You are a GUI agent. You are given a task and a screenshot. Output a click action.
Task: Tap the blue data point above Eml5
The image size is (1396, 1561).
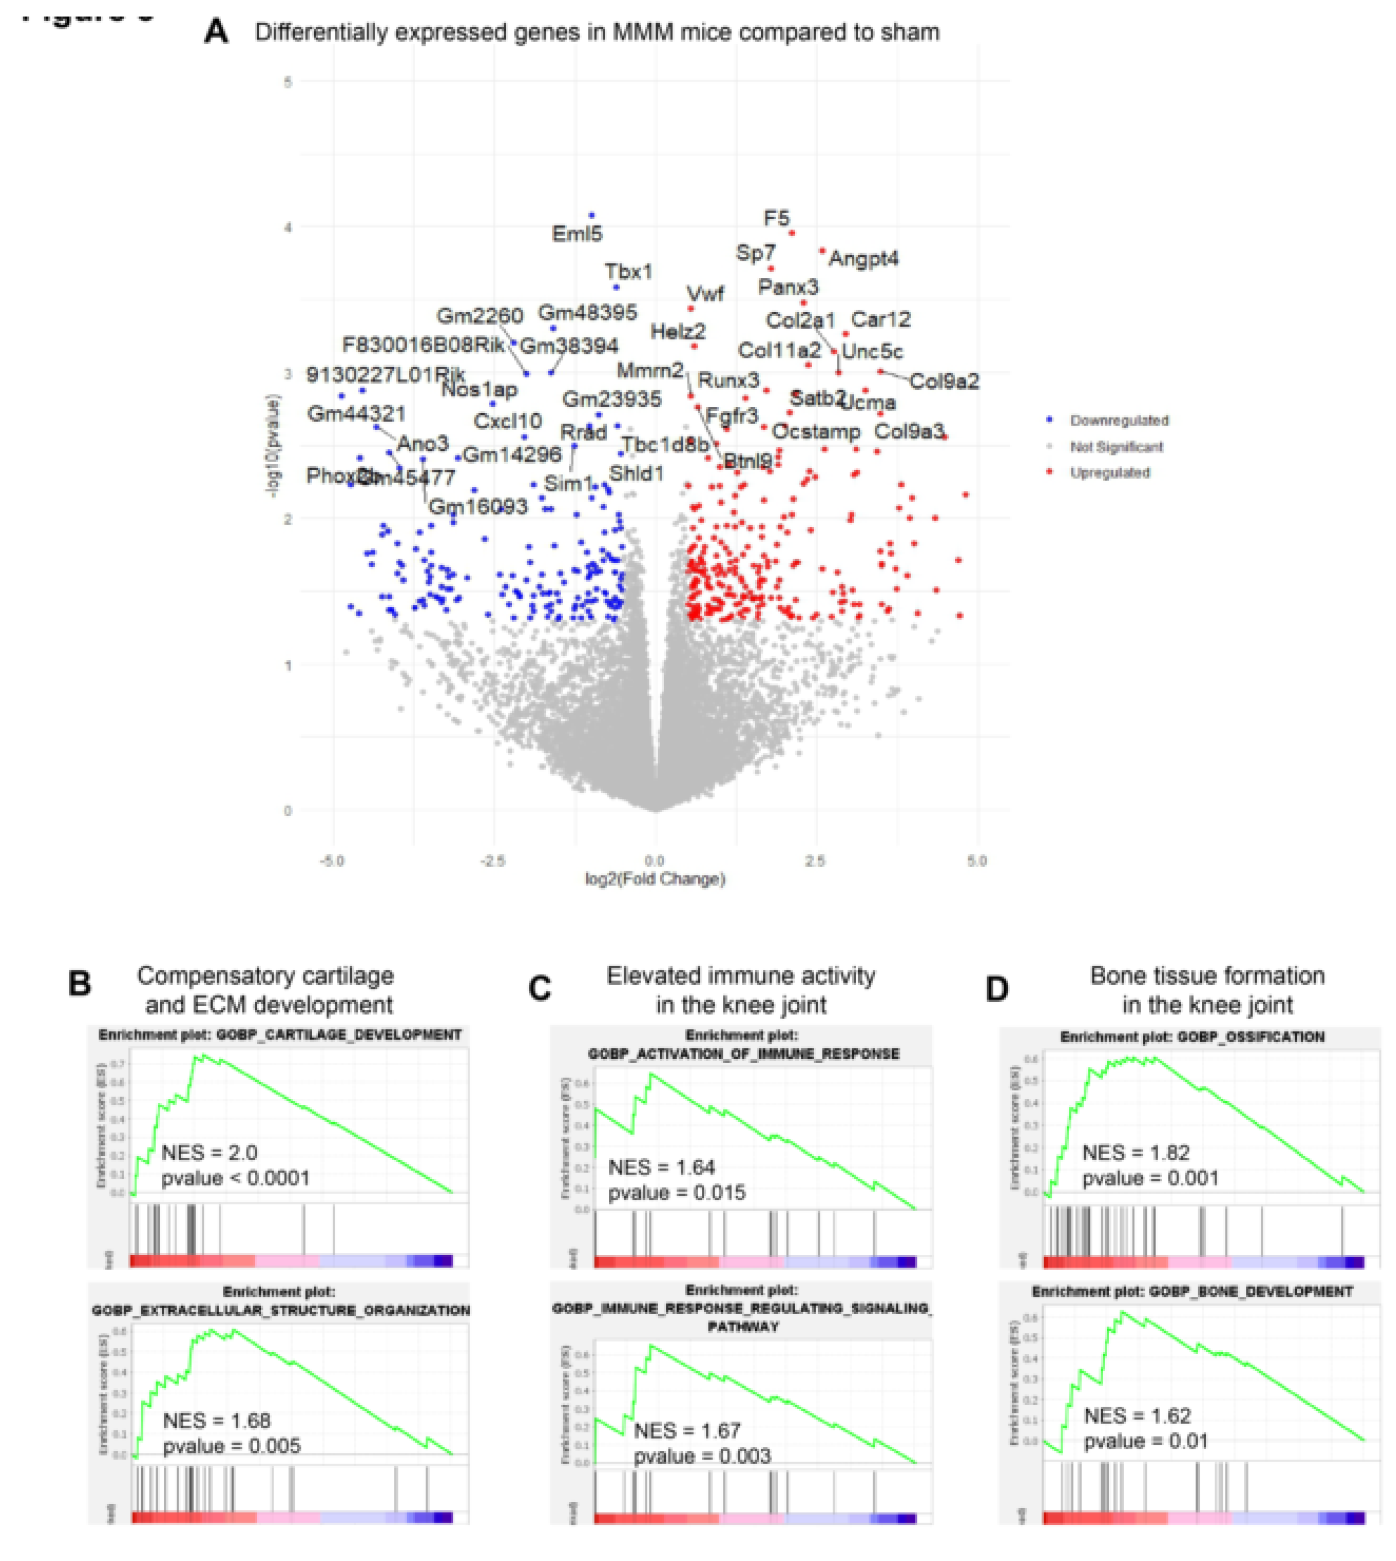(x=591, y=215)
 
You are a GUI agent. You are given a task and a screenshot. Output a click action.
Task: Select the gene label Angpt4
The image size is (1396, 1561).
(x=864, y=259)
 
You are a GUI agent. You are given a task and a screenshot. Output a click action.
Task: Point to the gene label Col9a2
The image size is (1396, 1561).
(x=944, y=381)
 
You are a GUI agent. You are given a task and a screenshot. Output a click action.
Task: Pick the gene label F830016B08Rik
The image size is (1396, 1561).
(x=423, y=344)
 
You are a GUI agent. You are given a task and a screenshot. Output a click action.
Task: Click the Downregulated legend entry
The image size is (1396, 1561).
(x=1118, y=420)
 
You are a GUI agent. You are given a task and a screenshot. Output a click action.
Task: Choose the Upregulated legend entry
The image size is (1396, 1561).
(x=1109, y=472)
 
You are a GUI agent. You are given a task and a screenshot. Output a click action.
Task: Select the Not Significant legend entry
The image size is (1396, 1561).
(x=1116, y=446)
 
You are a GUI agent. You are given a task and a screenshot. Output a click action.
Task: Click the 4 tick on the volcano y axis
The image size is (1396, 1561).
(x=288, y=227)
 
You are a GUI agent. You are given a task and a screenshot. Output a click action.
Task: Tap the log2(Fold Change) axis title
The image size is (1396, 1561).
(x=655, y=879)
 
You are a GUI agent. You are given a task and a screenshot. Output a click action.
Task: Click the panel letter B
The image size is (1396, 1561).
(x=80, y=984)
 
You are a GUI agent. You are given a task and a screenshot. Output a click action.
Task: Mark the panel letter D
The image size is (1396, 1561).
(x=996, y=989)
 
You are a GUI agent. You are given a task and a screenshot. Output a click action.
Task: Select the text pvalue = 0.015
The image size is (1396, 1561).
(x=676, y=1193)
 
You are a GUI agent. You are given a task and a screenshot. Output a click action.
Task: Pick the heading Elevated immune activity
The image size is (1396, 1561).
(x=740, y=976)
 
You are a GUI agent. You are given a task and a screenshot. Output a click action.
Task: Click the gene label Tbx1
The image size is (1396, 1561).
(x=628, y=271)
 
